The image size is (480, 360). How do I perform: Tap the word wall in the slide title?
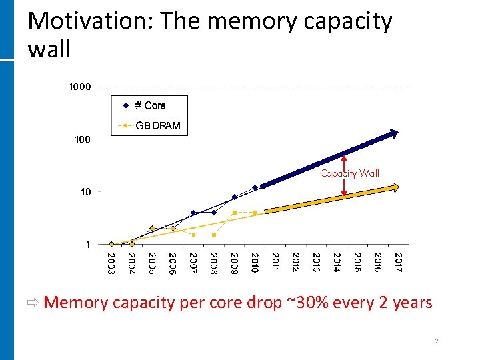click(x=49, y=49)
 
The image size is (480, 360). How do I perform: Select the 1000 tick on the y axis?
click(x=79, y=87)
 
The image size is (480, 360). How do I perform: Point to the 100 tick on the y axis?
click(x=82, y=139)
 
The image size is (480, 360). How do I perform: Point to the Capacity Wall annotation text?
click(x=349, y=173)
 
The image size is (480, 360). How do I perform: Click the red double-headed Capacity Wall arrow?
click(x=344, y=176)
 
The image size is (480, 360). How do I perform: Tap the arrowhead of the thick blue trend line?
click(x=395, y=134)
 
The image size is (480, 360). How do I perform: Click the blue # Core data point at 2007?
click(x=193, y=213)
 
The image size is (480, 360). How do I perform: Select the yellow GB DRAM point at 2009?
click(x=234, y=213)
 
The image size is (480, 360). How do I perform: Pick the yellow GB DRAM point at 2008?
click(x=214, y=235)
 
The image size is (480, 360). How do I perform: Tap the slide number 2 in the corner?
click(x=437, y=341)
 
